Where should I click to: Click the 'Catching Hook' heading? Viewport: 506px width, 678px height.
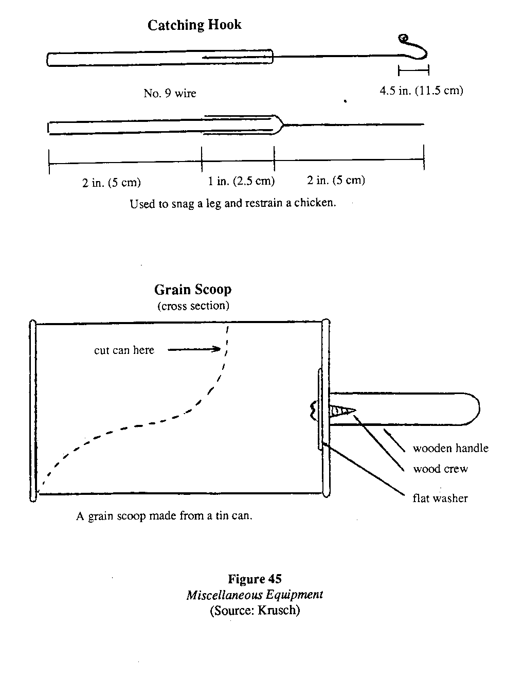[x=194, y=25]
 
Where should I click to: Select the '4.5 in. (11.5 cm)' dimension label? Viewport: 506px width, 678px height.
[x=421, y=91]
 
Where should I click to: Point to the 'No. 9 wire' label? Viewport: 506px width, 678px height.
[x=170, y=93]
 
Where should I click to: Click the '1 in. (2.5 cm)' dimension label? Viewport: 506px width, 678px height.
[x=241, y=181]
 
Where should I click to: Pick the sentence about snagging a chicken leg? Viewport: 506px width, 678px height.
[x=232, y=203]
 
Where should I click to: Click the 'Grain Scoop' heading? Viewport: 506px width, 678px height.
[x=193, y=290]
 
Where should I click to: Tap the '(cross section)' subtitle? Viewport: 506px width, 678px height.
[x=193, y=306]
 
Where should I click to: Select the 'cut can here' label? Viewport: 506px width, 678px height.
[x=124, y=350]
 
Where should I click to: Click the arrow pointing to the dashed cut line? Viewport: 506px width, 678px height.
[x=194, y=350]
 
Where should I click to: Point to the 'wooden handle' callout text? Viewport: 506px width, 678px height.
[x=450, y=449]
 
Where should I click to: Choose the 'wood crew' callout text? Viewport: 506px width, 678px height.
[x=441, y=469]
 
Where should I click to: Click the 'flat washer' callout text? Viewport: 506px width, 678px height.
[x=440, y=498]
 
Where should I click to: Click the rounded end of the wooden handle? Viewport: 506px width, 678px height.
[x=473, y=409]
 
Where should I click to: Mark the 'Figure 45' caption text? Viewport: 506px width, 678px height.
[x=255, y=579]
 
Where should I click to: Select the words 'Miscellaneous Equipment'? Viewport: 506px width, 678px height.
[x=255, y=595]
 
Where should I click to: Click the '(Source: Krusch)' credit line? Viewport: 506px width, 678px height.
[x=255, y=611]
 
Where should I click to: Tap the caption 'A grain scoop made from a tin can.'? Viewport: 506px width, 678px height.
[x=164, y=516]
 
